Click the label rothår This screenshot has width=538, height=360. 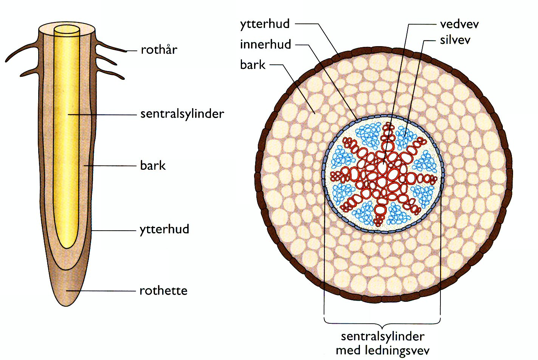159,50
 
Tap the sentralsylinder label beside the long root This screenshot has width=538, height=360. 182,114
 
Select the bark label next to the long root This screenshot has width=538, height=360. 153,165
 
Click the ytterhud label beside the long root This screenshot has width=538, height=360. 164,229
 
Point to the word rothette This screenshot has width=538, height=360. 163,290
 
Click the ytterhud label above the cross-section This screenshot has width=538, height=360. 265,24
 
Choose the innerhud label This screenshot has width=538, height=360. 265,45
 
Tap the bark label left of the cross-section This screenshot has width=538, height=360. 253,65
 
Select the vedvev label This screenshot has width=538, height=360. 459,24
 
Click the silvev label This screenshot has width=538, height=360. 455,40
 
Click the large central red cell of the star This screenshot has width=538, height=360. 383,169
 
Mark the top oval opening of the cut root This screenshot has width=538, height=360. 67,29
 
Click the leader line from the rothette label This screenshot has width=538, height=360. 102,291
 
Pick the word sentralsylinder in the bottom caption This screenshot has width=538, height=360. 383,336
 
